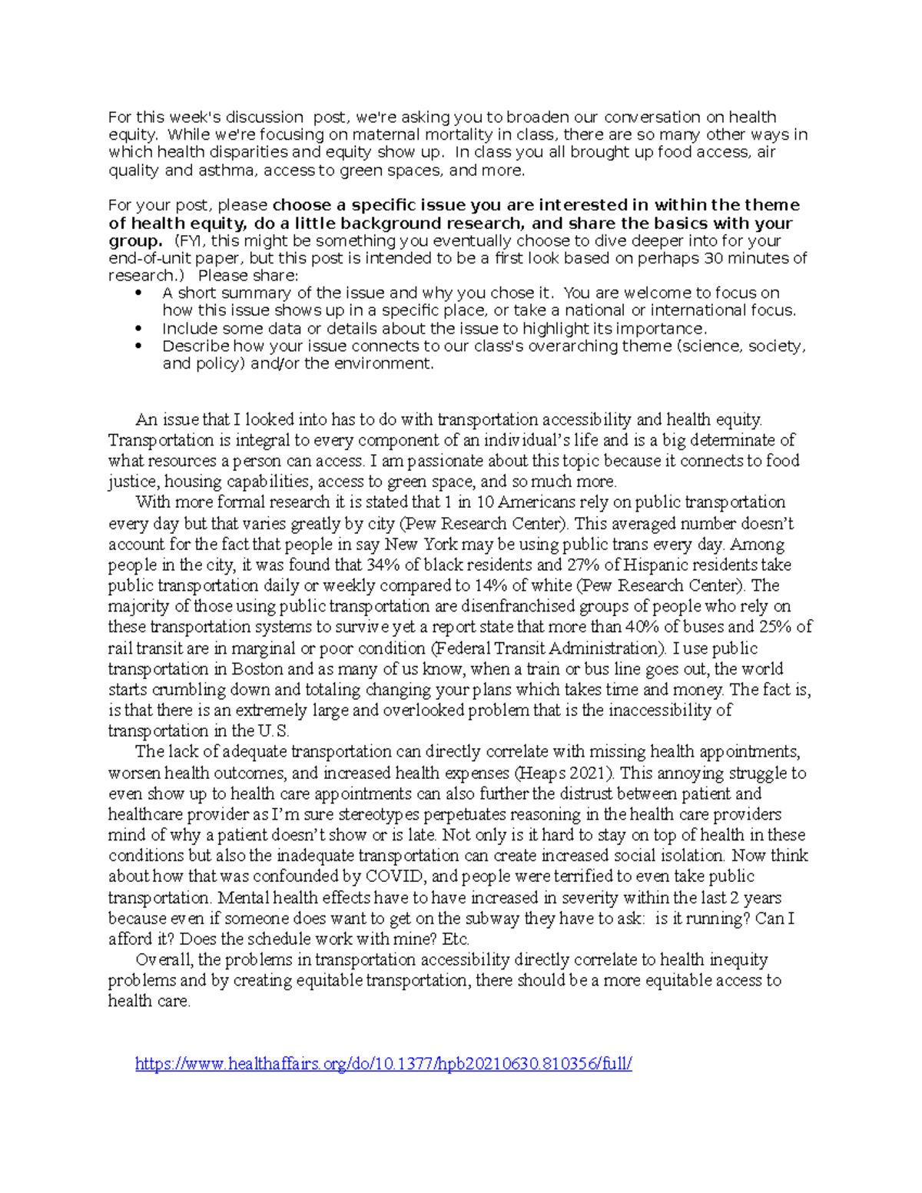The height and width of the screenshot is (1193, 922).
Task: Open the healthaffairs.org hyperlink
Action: click(383, 1064)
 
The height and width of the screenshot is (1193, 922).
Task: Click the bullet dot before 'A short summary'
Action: click(138, 293)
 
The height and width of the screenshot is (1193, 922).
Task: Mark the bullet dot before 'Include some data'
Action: click(138, 329)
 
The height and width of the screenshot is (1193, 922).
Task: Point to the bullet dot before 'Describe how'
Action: click(138, 346)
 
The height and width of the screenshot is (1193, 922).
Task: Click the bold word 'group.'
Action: click(134, 240)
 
